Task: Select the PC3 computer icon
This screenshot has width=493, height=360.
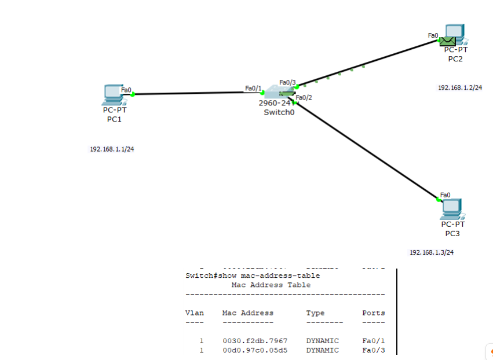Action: point(453,208)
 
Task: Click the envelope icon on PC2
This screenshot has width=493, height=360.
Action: point(447,41)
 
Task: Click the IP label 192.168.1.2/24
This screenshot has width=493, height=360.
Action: point(460,87)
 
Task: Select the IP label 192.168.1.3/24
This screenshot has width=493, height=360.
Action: point(432,252)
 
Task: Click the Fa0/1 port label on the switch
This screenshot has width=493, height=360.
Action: point(253,88)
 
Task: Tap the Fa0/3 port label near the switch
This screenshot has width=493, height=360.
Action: point(287,82)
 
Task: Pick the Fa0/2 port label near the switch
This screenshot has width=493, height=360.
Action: point(304,97)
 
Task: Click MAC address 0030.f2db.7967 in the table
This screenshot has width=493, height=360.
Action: point(255,341)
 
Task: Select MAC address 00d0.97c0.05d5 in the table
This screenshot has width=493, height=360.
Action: point(255,350)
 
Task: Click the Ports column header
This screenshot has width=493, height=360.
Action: point(373,313)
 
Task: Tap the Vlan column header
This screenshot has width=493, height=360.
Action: point(194,313)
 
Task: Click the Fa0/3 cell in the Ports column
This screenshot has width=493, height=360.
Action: point(373,350)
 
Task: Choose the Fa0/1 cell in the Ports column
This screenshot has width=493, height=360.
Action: point(373,341)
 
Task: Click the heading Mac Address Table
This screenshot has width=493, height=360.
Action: point(271,285)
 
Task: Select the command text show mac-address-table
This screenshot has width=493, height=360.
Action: point(269,275)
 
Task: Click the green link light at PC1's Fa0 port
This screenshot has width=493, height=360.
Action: point(133,94)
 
